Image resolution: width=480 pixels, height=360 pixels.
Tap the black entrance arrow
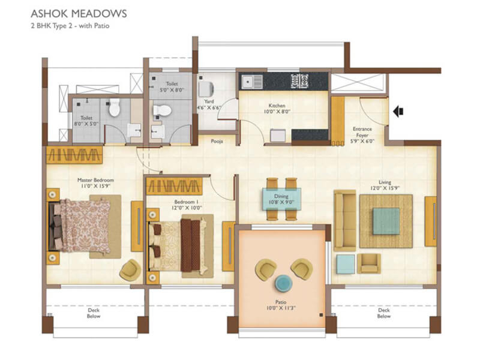[398, 111]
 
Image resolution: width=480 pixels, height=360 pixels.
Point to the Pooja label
[217, 142]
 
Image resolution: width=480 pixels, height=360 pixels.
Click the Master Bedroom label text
[95, 179]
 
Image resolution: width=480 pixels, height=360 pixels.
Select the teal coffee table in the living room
[385, 221]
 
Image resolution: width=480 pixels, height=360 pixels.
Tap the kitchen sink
[248, 80]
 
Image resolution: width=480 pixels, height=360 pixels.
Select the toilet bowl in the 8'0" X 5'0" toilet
[115, 109]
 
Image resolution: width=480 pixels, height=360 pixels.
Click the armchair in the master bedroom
[129, 269]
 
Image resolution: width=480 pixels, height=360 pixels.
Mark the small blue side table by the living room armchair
[346, 263]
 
